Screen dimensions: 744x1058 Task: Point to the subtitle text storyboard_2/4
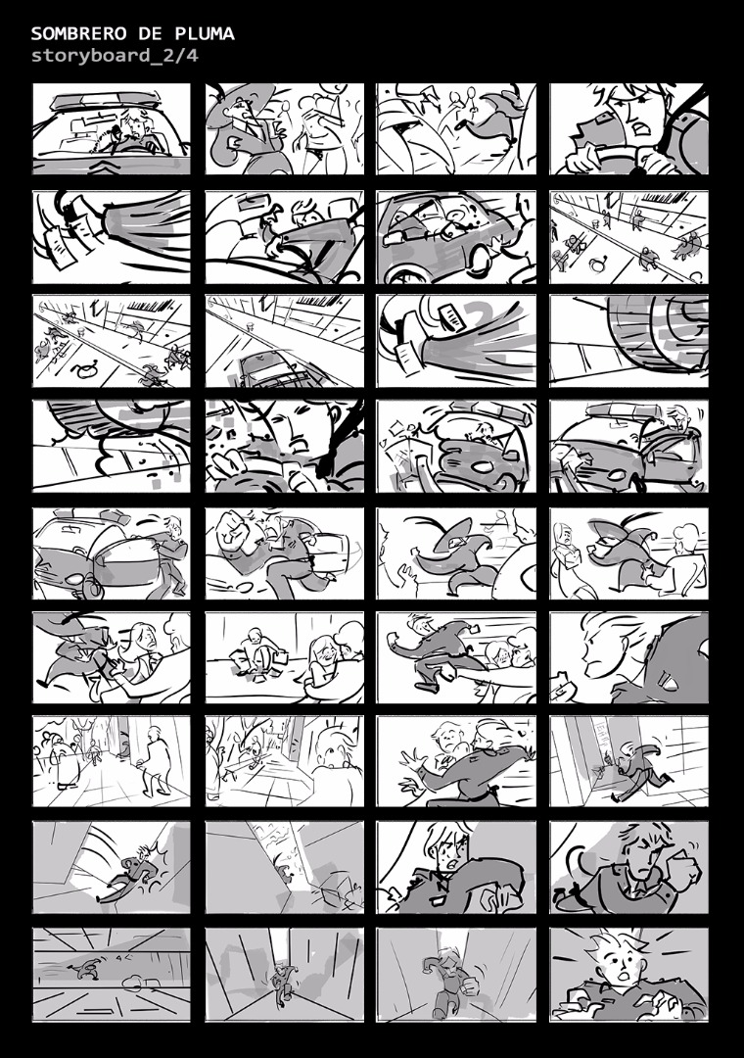tap(115, 55)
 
